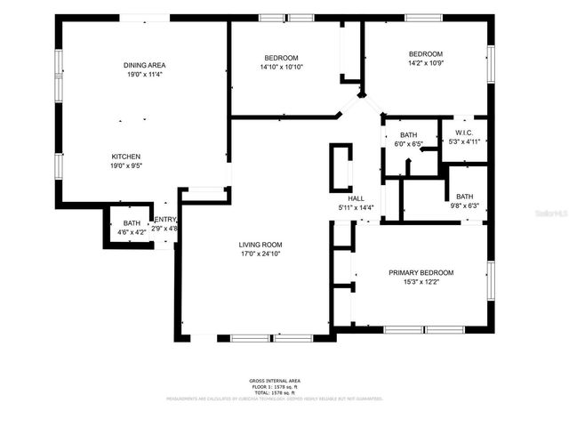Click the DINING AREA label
point(144,65)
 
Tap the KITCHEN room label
point(125,156)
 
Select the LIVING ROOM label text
point(260,245)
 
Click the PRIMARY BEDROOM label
point(421,273)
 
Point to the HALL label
point(357,198)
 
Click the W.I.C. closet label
point(464,132)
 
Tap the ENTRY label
point(165,220)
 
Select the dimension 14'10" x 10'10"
point(282,67)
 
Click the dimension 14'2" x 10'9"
point(425,63)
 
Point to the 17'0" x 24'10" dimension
point(260,254)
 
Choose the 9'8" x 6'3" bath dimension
point(464,206)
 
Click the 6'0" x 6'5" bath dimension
point(409,144)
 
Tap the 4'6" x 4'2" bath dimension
point(132,233)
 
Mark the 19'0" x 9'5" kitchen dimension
point(125,165)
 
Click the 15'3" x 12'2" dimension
point(421,283)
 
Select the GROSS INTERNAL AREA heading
point(275,380)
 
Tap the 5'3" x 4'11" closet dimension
point(464,141)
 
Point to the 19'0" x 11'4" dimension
point(144,75)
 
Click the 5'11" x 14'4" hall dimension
point(357,207)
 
